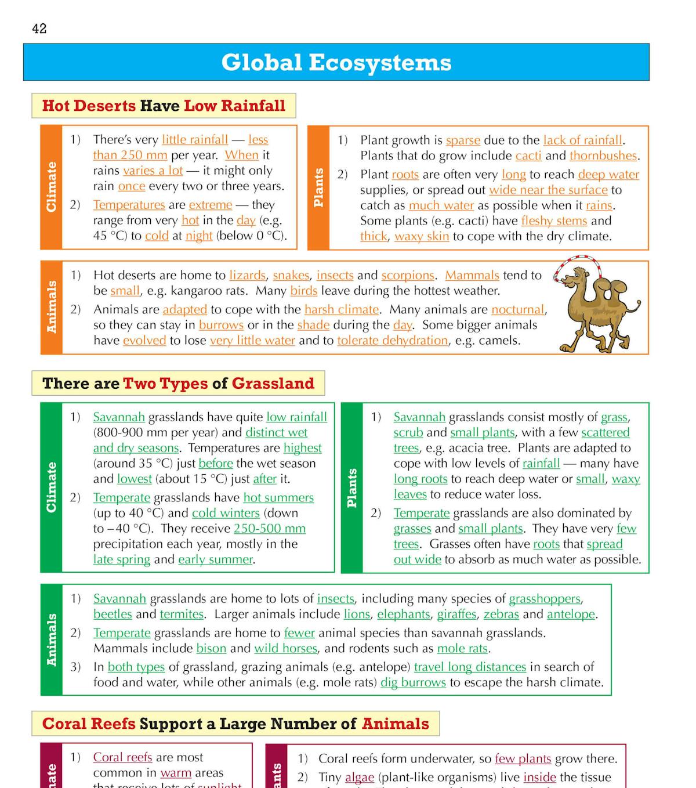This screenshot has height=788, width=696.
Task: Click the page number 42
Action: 39,28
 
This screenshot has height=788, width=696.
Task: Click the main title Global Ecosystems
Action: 336,63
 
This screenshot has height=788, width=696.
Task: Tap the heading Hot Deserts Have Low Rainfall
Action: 164,106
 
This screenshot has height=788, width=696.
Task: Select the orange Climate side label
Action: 51,187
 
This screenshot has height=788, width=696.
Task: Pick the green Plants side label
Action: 351,488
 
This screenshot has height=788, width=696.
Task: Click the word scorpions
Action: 408,275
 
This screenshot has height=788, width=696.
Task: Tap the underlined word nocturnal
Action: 518,309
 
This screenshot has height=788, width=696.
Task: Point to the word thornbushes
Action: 603,156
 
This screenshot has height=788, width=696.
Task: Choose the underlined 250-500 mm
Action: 269,529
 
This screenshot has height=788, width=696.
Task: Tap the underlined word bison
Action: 211,648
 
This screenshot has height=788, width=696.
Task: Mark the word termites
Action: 182,614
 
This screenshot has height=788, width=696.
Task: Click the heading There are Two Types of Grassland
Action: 178,384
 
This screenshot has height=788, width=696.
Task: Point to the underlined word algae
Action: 359,777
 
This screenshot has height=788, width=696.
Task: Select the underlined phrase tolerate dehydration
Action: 392,341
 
